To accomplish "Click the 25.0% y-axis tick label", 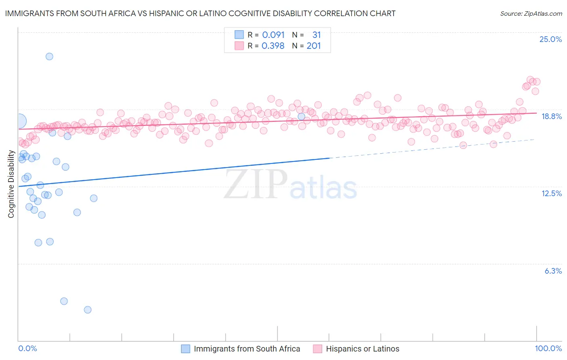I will click(x=550, y=39).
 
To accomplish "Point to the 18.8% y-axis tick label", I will click(x=551, y=116).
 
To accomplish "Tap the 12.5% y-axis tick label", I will click(x=551, y=193).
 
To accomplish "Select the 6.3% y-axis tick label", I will click(x=553, y=271).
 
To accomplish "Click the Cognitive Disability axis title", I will click(x=11, y=184).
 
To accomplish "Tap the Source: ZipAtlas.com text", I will click(x=531, y=14).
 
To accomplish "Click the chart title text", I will click(x=200, y=13).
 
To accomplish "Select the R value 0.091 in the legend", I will click(x=273, y=35).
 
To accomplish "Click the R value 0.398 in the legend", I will click(x=273, y=46).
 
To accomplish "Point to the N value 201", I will click(x=313, y=46).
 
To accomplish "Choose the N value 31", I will click(x=316, y=35).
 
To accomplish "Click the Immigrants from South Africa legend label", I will click(x=247, y=349).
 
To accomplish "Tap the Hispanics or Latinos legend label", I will click(x=363, y=349).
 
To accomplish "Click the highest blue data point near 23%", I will click(x=49, y=57).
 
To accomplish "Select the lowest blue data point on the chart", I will click(x=88, y=310).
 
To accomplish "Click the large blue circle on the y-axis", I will click(x=19, y=121).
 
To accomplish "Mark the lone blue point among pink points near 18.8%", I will click(x=301, y=117).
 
